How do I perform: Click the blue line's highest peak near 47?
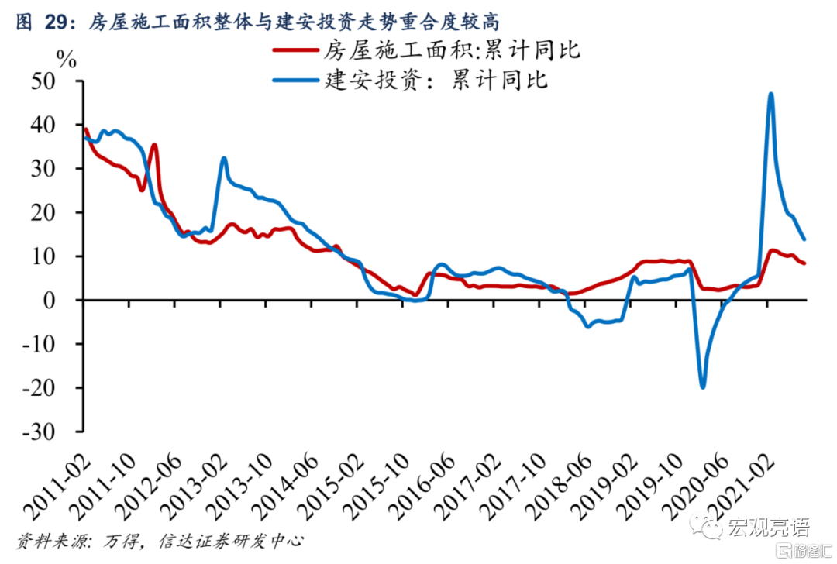[770, 94]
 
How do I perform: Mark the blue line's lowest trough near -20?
[703, 387]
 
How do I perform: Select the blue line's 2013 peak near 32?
[223, 158]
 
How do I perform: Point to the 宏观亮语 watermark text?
[768, 528]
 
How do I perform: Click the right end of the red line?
[804, 263]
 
